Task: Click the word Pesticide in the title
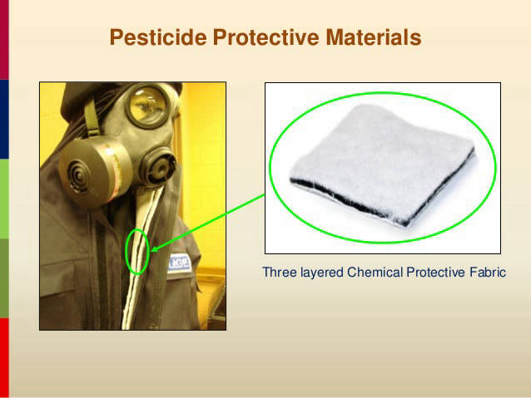click(158, 37)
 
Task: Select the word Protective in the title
click(265, 37)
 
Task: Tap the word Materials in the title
click(374, 37)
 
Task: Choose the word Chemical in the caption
click(375, 272)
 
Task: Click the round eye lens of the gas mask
click(148, 106)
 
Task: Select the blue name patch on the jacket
click(180, 263)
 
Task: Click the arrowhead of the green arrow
click(155, 249)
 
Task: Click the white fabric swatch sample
click(383, 165)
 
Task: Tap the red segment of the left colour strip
click(4, 357)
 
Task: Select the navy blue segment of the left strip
click(4, 119)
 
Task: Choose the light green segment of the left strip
click(4, 199)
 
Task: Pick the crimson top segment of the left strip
click(4, 40)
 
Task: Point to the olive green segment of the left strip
click(4, 278)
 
